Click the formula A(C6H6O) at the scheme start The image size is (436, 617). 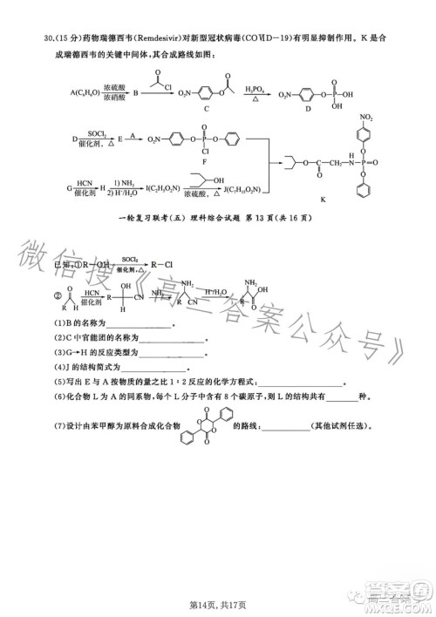tap(84, 91)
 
